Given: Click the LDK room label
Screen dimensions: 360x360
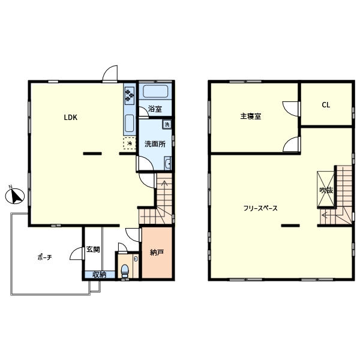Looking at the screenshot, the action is coord(70,118).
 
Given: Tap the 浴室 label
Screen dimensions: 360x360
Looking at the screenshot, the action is coord(155,109).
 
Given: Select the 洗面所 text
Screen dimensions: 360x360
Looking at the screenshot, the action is coord(155,144).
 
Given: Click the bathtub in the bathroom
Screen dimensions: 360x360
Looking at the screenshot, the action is coord(155,91).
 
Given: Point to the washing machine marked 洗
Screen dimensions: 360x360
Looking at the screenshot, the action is coord(167,124).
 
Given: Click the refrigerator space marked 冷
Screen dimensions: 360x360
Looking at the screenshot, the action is coord(130,143).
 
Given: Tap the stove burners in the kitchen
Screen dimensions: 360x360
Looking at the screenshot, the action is coord(130,95).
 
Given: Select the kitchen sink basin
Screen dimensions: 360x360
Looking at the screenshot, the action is coord(129,123).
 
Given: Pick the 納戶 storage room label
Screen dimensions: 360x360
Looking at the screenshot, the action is coord(157,253).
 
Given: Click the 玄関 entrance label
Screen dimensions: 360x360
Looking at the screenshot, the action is coord(93,250).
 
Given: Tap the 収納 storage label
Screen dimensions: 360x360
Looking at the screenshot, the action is coord(100,275).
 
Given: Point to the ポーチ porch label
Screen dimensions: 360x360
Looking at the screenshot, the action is coord(45,257).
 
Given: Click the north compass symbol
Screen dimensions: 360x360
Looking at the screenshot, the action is coord(15,196).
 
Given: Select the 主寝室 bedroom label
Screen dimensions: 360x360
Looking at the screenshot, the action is coord(251,116).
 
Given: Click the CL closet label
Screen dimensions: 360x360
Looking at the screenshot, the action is coord(326,105).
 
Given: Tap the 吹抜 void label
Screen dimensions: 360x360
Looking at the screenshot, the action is coord(326,190).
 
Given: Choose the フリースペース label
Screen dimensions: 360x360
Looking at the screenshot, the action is coord(260,208).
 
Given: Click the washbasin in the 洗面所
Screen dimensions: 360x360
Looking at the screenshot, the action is coord(168,163).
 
